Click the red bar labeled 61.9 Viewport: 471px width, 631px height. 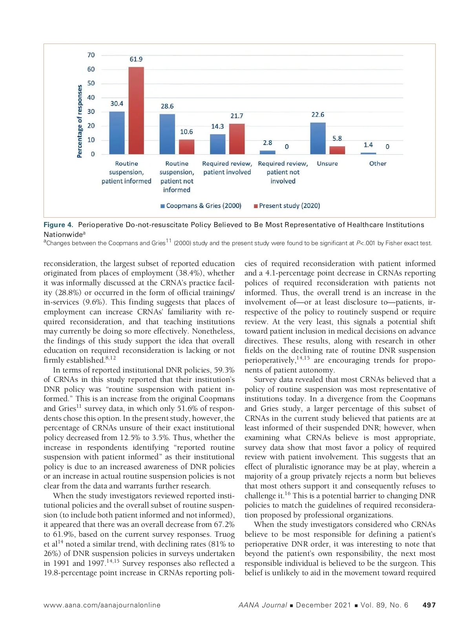pyautogui.click(x=136, y=110)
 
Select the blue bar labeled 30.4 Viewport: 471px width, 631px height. pyautogui.click(x=117, y=133)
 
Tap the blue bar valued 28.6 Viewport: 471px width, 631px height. pyautogui.click(x=167, y=134)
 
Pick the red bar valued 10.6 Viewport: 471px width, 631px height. pyautogui.click(x=186, y=147)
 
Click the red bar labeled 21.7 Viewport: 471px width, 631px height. pyautogui.click(x=237, y=139)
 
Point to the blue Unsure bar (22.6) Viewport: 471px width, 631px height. pyautogui.click(x=318, y=138)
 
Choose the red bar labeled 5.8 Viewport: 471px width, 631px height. pyautogui.click(x=337, y=150)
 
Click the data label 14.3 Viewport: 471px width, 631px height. pyautogui.click(x=217, y=127)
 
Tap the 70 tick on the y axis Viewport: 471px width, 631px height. pyautogui.click(x=91, y=55)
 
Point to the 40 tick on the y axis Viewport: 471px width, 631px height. pyautogui.click(x=91, y=97)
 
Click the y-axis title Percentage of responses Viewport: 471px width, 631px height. pyautogui.click(x=80, y=121)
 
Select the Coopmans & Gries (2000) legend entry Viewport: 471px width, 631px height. pyautogui.click(x=201, y=206)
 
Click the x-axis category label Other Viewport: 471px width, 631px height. pyautogui.click(x=378, y=163)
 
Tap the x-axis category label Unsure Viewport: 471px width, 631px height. pyautogui.click(x=327, y=163)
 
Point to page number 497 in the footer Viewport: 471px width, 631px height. pyautogui.click(x=429, y=605)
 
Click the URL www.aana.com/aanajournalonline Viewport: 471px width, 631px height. pyautogui.click(x=102, y=605)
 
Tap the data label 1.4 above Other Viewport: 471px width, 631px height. pyautogui.click(x=368, y=145)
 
